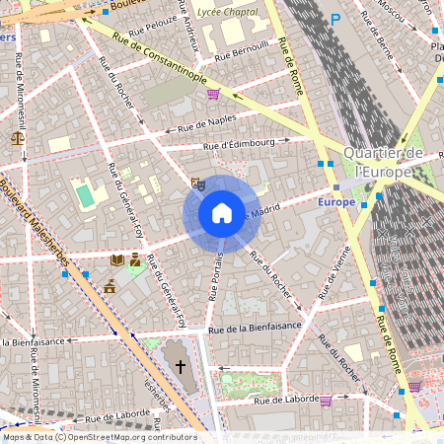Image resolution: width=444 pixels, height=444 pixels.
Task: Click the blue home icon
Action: [x=222, y=213]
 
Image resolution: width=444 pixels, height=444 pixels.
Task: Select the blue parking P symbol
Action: [x=335, y=19]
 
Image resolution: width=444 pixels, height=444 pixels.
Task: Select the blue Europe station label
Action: [x=336, y=201]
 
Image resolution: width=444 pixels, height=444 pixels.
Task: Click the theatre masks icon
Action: [x=197, y=183]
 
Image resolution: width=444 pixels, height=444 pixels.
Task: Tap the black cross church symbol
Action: [x=180, y=367]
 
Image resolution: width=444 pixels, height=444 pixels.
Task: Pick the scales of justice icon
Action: [x=17, y=137]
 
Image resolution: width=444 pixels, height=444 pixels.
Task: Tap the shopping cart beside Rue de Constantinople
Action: [x=214, y=94]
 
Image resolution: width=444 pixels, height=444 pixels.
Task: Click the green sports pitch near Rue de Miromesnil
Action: [x=86, y=193]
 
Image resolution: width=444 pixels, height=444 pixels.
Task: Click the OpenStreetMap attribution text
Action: [x=99, y=437]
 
